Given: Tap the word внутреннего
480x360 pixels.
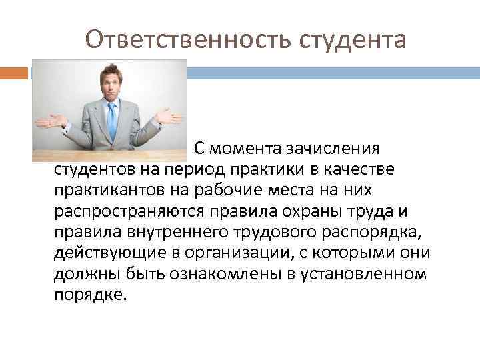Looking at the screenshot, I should point(163,233).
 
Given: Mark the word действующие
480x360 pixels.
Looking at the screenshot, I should point(105,254).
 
